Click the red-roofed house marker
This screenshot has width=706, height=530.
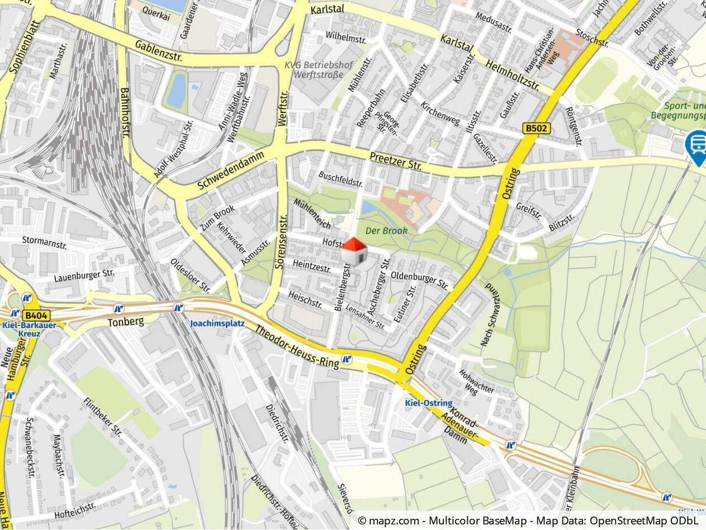[354, 252]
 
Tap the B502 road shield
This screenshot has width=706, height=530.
[537, 129]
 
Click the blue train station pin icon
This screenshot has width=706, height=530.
[696, 145]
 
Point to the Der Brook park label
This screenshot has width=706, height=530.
[386, 230]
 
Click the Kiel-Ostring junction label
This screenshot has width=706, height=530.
[429, 403]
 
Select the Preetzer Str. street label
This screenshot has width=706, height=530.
[395, 160]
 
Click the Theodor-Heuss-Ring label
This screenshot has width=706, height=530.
[297, 347]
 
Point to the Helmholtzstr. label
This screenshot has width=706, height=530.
[513, 77]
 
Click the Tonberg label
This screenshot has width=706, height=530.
[126, 321]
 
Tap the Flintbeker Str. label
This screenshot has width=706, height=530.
[102, 417]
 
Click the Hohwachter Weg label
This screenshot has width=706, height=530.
[469, 382]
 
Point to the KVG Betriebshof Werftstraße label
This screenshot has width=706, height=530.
[319, 69]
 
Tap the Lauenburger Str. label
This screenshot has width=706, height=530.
[84, 276]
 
